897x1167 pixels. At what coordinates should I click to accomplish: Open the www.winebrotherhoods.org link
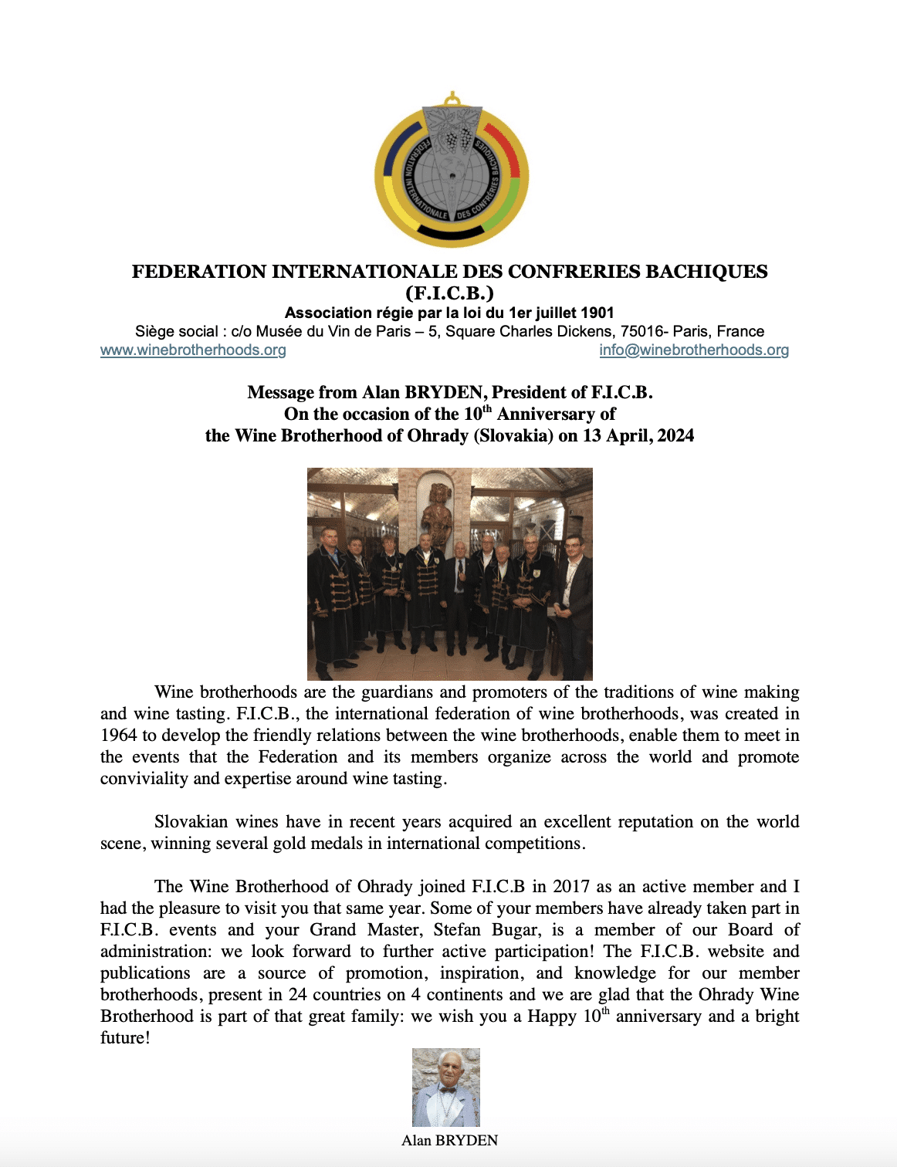tap(193, 350)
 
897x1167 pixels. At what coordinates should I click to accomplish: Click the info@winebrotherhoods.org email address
tap(694, 350)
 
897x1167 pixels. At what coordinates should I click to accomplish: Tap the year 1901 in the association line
tap(597, 313)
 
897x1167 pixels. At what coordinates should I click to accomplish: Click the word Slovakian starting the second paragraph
tap(192, 822)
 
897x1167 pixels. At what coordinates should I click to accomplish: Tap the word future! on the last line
tap(125, 1038)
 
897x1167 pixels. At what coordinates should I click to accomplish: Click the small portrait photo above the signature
tap(446, 1087)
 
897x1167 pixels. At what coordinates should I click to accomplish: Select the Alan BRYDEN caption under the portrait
tap(449, 1141)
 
